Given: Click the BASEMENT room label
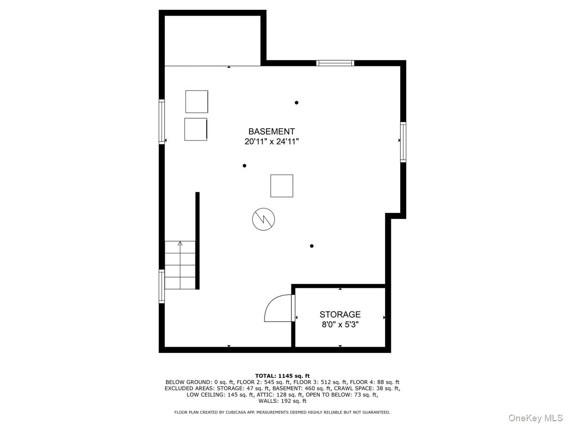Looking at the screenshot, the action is (x=271, y=131).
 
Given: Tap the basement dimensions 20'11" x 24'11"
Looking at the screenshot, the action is (x=271, y=141).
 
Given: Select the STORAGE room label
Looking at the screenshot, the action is (x=340, y=314).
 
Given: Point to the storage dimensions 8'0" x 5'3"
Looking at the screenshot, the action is (x=340, y=325).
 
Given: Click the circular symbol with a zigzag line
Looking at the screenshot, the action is (x=263, y=219).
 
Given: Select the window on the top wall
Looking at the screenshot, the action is (x=335, y=63).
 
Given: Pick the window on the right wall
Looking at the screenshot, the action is (x=403, y=142).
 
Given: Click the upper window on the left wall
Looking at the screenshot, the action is (x=161, y=122).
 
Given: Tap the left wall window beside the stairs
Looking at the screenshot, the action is (x=161, y=286).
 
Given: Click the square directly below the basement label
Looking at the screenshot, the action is (x=282, y=186).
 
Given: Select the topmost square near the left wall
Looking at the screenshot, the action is (x=197, y=102).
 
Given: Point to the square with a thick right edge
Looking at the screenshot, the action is (x=195, y=129).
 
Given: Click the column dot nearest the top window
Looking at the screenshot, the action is (x=297, y=102).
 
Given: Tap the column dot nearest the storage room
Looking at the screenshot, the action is (x=312, y=246).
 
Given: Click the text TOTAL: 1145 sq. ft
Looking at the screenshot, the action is (x=282, y=376).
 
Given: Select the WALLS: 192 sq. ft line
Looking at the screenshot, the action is (x=282, y=401).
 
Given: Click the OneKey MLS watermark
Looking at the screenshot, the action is (x=535, y=417).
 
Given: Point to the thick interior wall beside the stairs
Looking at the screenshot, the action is (x=197, y=241).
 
